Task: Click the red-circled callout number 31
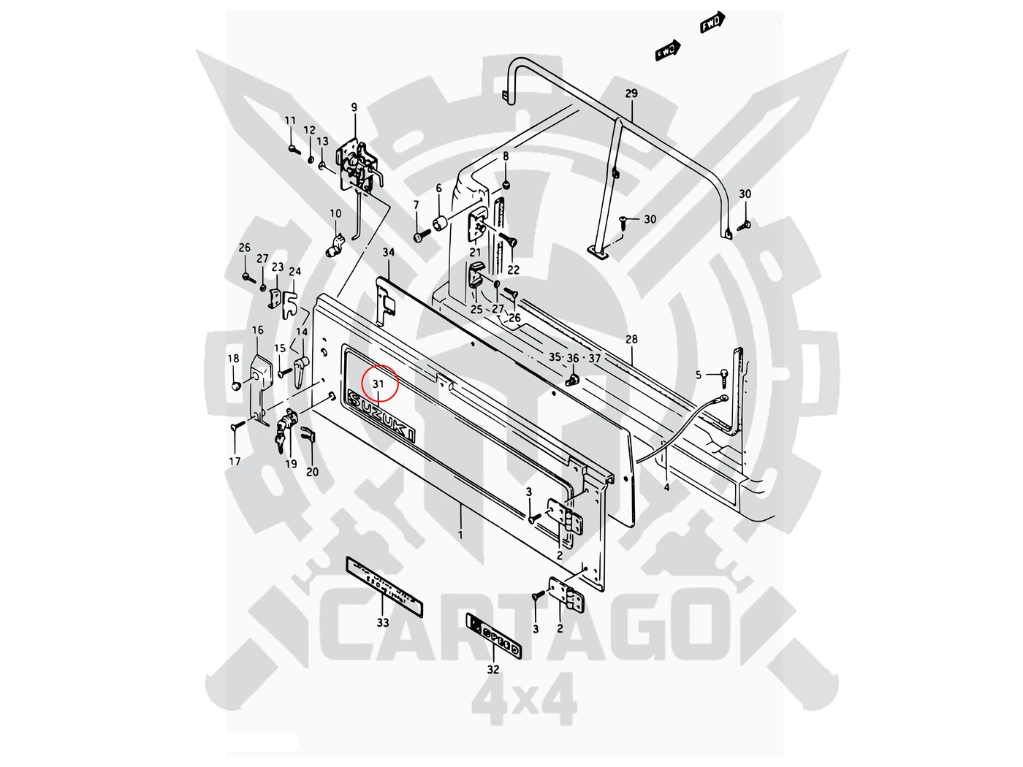click(378, 384)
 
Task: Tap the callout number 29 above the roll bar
click(631, 94)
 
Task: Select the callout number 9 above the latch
click(354, 108)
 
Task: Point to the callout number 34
click(389, 253)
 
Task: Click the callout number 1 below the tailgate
click(460, 535)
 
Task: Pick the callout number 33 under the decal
click(383, 622)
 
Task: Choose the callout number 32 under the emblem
click(493, 669)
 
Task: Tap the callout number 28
click(631, 339)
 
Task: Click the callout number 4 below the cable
click(666, 486)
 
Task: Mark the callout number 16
click(258, 330)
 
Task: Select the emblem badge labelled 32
click(495, 636)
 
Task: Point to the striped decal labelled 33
click(384, 581)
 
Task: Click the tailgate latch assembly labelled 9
click(357, 167)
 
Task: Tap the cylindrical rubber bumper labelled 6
click(440, 221)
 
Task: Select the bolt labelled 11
click(293, 149)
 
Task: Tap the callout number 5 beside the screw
click(699, 375)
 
